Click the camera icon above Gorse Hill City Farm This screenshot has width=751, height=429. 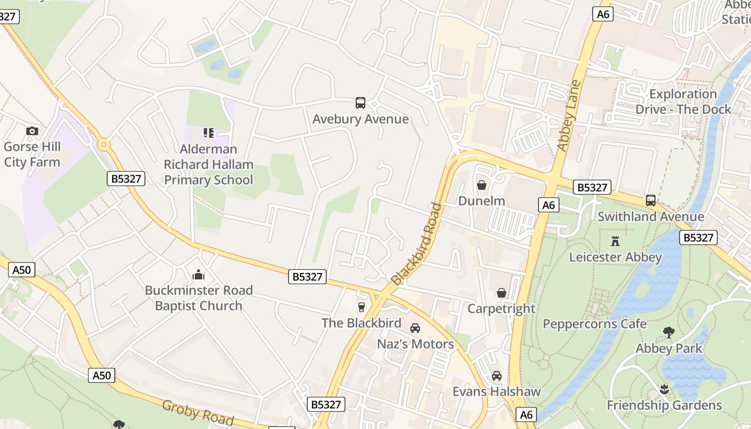tap(32, 131)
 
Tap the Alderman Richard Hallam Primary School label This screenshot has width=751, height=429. tap(208, 164)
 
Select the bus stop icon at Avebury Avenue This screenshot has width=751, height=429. tap(360, 103)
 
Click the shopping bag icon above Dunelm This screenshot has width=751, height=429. tap(482, 186)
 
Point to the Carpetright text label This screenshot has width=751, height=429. tap(501, 308)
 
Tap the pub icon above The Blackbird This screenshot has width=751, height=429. tap(362, 307)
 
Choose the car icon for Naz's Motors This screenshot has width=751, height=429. tap(415, 328)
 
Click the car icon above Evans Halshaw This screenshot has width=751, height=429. tap(497, 376)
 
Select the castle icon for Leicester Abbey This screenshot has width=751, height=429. tap(615, 241)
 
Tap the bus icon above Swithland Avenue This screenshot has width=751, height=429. tap(651, 201)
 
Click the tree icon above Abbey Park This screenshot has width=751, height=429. tap(668, 332)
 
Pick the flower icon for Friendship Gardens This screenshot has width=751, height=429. tap(665, 389)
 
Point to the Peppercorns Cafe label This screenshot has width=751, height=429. tap(594, 324)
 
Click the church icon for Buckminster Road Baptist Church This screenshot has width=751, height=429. tap(198, 275)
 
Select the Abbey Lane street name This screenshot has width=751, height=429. tap(569, 115)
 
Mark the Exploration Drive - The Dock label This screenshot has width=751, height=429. tap(683, 102)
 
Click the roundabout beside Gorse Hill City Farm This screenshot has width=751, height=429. tap(103, 144)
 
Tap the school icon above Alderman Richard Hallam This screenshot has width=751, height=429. tap(208, 132)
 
